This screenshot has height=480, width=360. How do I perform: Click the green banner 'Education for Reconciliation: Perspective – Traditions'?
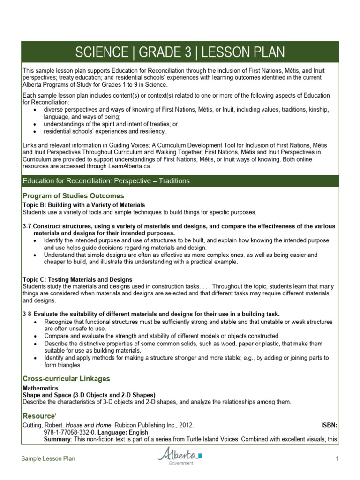(x=106, y=181)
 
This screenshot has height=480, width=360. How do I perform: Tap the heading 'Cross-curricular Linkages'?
(x=66, y=378)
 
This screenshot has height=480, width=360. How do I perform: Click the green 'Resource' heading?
(x=38, y=416)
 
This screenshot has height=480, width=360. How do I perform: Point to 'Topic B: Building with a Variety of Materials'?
(x=84, y=205)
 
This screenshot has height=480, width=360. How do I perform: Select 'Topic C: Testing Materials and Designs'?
(x=77, y=280)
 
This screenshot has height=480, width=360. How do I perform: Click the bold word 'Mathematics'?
(x=40, y=388)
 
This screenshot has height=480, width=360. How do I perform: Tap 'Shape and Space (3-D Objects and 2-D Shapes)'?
(x=89, y=395)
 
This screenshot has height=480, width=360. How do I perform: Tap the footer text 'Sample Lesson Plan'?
(x=48, y=459)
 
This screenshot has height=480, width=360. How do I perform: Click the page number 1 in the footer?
(x=337, y=459)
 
